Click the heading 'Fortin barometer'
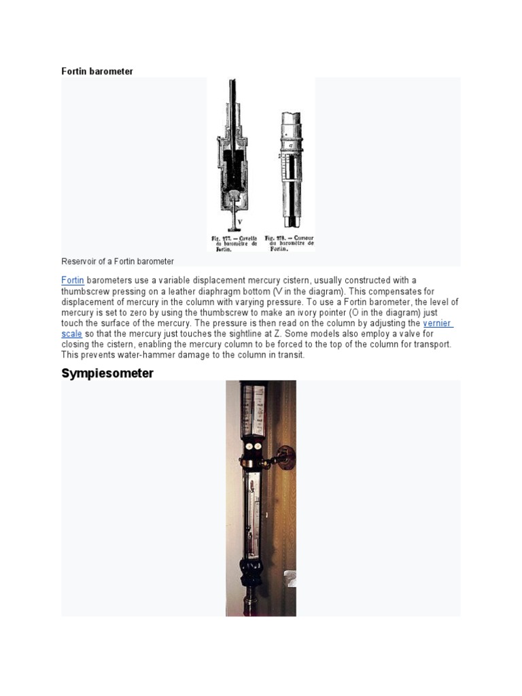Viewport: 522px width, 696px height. pos(97,71)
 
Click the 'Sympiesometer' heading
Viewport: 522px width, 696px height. pos(107,373)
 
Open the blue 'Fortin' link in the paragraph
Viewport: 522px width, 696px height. pos(73,280)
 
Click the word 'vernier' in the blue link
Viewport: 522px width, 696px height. pos(437,323)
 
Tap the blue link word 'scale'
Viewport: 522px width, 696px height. pos(72,334)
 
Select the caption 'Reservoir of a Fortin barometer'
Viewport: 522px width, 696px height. pos(118,261)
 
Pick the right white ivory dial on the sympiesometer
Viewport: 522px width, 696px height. pos(258,446)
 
